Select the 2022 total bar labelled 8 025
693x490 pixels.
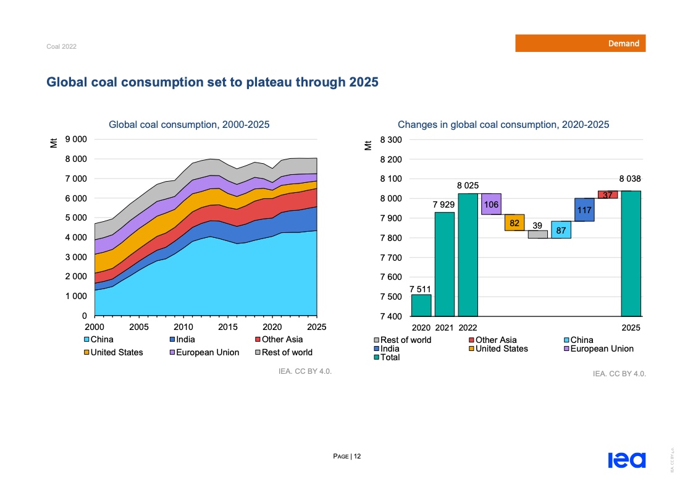point(468,255)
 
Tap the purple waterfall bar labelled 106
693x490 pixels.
point(491,204)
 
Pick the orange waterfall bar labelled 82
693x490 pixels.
point(514,222)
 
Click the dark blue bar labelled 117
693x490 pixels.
point(584,209)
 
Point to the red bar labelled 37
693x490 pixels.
point(607,195)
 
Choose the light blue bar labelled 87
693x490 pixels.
point(561,230)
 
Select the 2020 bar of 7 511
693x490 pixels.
point(421,305)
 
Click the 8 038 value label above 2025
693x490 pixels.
point(630,178)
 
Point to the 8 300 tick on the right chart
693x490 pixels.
point(391,140)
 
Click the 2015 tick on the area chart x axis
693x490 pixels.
point(227,327)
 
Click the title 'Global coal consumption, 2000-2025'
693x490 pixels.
point(189,125)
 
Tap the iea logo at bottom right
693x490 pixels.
point(626,460)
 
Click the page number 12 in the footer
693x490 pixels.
point(357,457)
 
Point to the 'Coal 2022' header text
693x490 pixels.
point(61,47)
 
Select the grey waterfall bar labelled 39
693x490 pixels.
point(537,234)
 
